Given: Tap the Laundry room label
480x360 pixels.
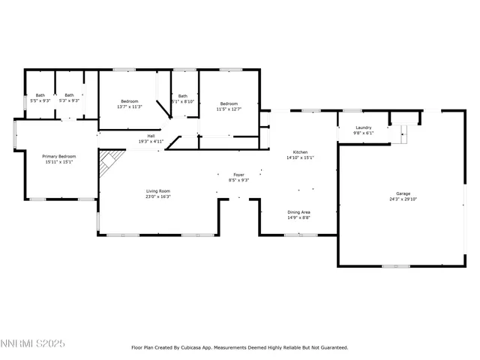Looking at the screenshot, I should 364,127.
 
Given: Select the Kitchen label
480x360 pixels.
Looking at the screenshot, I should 299,152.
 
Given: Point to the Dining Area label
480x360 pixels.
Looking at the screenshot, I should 299,211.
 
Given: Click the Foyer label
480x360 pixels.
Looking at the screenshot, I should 238,174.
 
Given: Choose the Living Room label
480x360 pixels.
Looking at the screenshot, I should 158,190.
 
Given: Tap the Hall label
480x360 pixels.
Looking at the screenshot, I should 151,136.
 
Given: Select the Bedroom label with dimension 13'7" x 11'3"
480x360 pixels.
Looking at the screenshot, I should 129,100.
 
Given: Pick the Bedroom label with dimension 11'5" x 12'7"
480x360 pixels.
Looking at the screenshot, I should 229,103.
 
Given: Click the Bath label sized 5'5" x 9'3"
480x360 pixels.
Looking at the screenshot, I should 40,94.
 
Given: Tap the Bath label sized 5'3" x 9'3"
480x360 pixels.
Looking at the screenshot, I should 69,94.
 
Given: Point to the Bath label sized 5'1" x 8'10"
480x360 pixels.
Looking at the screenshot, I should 183,96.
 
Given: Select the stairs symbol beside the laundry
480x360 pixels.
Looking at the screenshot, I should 403,133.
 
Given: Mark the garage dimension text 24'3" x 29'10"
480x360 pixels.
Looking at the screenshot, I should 403,199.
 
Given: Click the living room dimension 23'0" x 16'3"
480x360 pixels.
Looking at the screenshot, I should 158,196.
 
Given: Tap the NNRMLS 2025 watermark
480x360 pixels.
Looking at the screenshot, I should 33,343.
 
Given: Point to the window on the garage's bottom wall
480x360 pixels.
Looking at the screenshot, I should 395,266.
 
